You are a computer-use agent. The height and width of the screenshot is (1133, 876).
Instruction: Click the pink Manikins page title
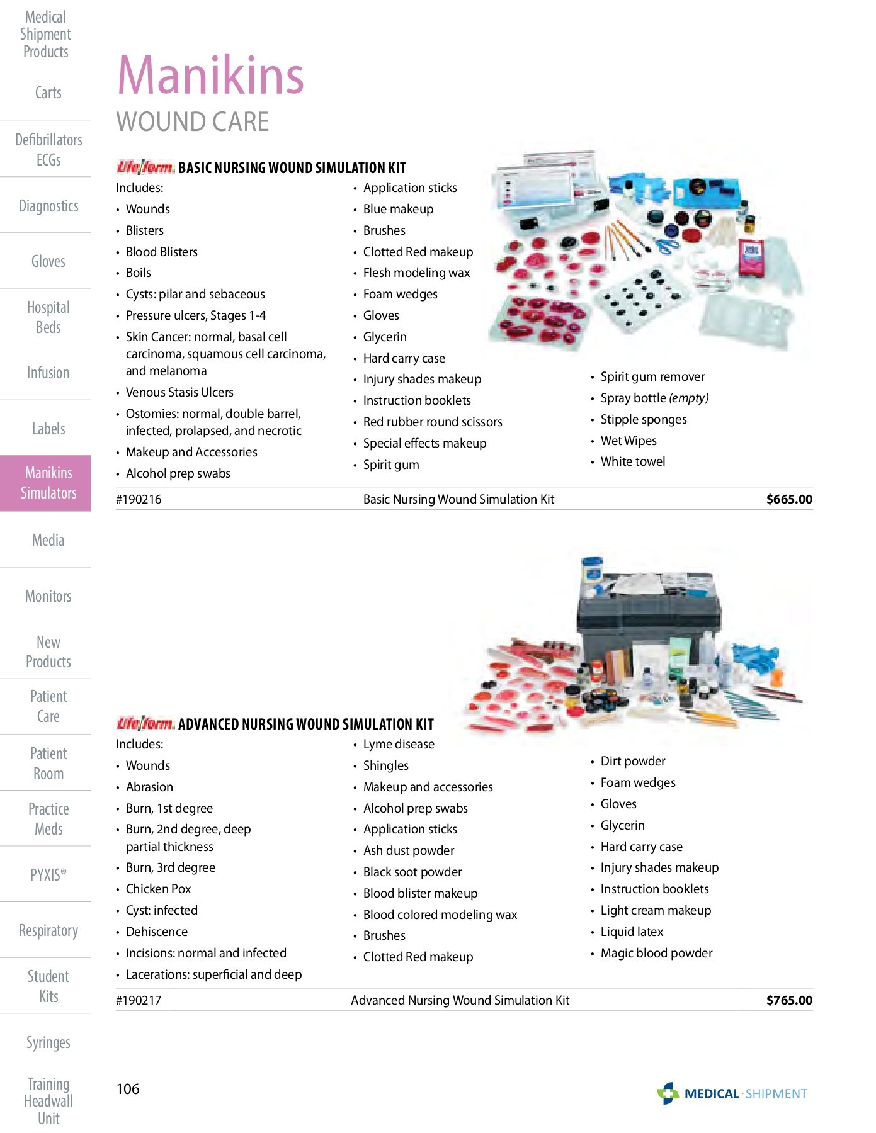210,76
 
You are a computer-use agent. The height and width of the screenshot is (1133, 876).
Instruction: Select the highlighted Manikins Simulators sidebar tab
48,483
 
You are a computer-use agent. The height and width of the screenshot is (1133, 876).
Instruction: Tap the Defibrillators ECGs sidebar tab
48,149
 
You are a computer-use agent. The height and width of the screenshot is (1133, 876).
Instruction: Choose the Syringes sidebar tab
48,1042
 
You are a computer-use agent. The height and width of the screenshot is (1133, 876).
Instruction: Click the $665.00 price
788,499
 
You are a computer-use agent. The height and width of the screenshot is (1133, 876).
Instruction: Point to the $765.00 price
788,1000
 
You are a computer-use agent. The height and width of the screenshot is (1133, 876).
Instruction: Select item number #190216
139,499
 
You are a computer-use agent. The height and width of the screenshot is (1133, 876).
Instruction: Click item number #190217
139,1000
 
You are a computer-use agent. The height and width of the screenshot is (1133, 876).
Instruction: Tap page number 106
128,1089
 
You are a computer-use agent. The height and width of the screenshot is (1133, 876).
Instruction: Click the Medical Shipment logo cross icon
668,1093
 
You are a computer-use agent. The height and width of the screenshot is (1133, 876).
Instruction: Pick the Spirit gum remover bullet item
652,376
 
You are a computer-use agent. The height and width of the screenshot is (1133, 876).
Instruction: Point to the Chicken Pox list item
158,889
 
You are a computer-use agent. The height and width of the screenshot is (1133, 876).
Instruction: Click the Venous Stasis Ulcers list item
179,392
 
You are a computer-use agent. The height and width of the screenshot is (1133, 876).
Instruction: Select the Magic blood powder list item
656,953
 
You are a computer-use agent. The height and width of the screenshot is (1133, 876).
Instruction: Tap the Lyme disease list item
399,744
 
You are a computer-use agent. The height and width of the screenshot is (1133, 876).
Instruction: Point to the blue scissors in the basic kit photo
666,244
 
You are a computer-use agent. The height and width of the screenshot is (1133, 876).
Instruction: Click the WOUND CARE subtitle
193,121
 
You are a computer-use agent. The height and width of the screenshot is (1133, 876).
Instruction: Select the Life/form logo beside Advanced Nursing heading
145,723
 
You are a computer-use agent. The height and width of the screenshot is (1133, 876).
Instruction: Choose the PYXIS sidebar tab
48,875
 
